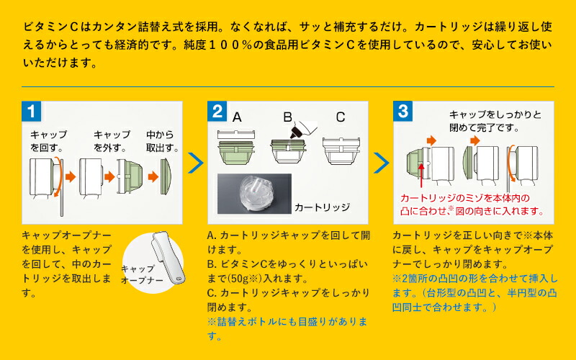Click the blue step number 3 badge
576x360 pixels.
tap(403, 112)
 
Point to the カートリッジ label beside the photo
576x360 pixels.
tap(322, 207)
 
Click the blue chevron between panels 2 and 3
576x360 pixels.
tap(380, 163)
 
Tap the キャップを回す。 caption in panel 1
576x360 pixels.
tap(48, 141)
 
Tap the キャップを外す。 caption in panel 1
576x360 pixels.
tap(112, 141)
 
